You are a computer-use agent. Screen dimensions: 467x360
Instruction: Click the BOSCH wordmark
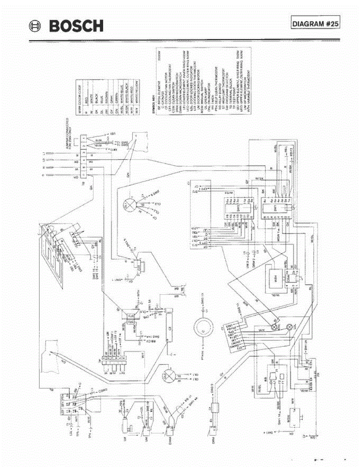click(77, 26)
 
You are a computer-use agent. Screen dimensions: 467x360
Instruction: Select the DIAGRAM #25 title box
click(316, 23)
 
